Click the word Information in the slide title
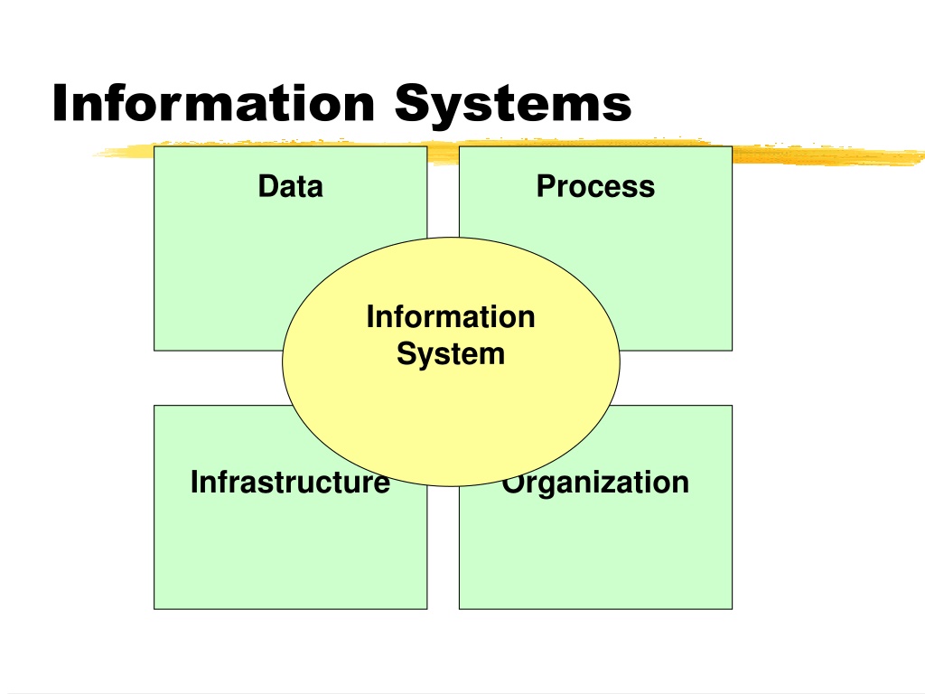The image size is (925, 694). click(x=213, y=103)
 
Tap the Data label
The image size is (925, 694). click(x=291, y=186)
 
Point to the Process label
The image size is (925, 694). click(x=596, y=186)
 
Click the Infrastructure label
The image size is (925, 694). click(x=290, y=482)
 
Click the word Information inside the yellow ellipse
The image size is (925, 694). click(x=451, y=316)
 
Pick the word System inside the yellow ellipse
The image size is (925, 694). click(x=451, y=354)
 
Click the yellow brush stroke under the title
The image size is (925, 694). click(x=826, y=155)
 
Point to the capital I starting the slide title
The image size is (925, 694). click(x=60, y=103)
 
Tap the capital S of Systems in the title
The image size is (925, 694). click(x=412, y=103)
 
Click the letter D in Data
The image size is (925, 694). click(x=267, y=186)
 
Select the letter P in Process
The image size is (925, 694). click(x=547, y=186)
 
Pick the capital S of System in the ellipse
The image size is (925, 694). click(x=406, y=353)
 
